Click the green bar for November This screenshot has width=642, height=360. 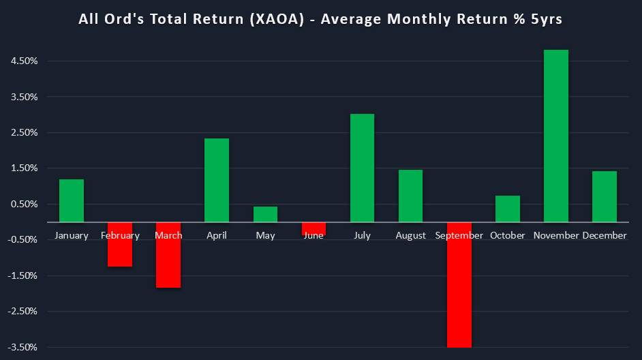point(555,136)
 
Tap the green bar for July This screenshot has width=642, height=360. point(362,168)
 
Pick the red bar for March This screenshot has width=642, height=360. point(168,254)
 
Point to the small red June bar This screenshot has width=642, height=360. point(314,228)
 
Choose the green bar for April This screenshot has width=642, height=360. point(217,180)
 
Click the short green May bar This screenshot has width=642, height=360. point(265,214)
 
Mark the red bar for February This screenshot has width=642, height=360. point(120,244)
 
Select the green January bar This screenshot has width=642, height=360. point(72,200)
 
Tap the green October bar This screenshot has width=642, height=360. point(507,209)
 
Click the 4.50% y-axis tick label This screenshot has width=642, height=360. point(24,61)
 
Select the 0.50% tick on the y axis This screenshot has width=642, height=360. point(24,205)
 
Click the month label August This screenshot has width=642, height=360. point(410,236)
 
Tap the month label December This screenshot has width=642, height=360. point(605,236)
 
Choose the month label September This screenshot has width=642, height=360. point(459,236)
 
